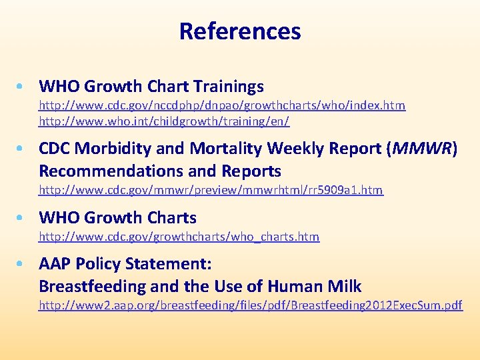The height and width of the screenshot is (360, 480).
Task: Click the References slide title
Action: (240, 31)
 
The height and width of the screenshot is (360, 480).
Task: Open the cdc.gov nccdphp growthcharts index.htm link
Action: (222, 105)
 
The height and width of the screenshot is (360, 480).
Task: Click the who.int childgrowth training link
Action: (164, 122)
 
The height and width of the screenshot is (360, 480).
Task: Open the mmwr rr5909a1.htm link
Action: (211, 190)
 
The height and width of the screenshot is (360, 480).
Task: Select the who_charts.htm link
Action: (179, 237)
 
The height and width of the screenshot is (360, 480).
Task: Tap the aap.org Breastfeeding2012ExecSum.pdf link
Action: (250, 305)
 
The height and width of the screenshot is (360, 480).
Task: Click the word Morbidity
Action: (115, 148)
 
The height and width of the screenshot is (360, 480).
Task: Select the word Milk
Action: (344, 287)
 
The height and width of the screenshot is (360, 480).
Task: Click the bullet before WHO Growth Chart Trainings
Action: (23, 87)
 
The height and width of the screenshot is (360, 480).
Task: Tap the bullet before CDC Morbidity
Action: (23, 148)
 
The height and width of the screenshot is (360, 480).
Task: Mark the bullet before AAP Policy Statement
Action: (23, 264)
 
